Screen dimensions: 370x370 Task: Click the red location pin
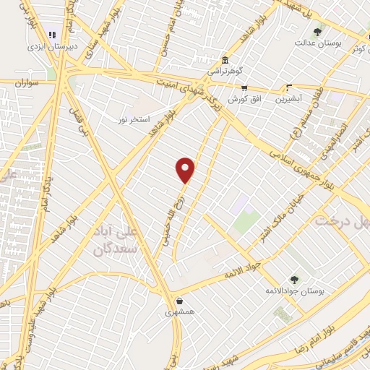pyautogui.click(x=186, y=169)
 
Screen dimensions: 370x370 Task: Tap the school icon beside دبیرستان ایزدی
pyautogui.click(x=51, y=34)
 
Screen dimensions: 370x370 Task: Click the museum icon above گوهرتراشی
pyautogui.click(x=225, y=60)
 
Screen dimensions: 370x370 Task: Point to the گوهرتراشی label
pyautogui.click(x=226, y=72)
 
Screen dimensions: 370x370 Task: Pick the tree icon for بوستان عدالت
pyautogui.click(x=317, y=32)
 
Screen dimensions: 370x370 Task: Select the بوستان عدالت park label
pyautogui.click(x=317, y=43)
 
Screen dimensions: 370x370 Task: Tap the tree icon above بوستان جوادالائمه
pyautogui.click(x=293, y=279)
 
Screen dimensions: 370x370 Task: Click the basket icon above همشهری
pyautogui.click(x=178, y=300)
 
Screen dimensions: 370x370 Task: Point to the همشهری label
pyautogui.click(x=178, y=312)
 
